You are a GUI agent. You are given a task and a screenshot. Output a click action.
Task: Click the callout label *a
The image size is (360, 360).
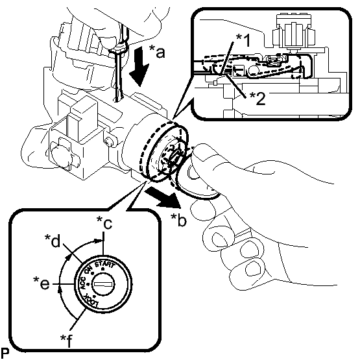(x=157, y=51)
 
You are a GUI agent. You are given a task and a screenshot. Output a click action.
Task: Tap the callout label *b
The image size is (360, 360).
(x=178, y=220)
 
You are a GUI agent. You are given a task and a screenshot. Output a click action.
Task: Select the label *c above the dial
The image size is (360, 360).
(x=104, y=222)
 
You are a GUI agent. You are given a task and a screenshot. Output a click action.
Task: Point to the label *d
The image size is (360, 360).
(x=53, y=241)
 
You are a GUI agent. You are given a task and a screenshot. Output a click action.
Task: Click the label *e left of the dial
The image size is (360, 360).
(x=42, y=283)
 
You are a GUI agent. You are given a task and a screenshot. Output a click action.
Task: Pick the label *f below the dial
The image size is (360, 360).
(x=66, y=341)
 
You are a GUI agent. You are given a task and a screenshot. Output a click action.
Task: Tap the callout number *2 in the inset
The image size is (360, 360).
(x=258, y=99)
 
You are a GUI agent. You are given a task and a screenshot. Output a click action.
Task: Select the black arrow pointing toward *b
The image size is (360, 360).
(x=163, y=196)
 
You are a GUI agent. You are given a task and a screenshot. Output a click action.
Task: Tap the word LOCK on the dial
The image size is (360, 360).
(x=92, y=300)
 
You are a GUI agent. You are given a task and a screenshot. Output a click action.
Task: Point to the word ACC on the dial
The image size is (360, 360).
(x=82, y=283)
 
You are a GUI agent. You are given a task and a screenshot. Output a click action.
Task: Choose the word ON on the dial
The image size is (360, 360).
(x=88, y=270)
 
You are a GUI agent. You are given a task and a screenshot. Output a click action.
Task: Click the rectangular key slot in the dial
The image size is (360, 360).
(x=103, y=284)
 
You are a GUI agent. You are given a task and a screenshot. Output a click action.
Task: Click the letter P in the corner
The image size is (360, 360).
(x=5, y=353)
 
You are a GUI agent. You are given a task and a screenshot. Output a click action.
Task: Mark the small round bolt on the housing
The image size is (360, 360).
(x=108, y=141)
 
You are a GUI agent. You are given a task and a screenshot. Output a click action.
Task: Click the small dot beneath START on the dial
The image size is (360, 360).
(x=103, y=269)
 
